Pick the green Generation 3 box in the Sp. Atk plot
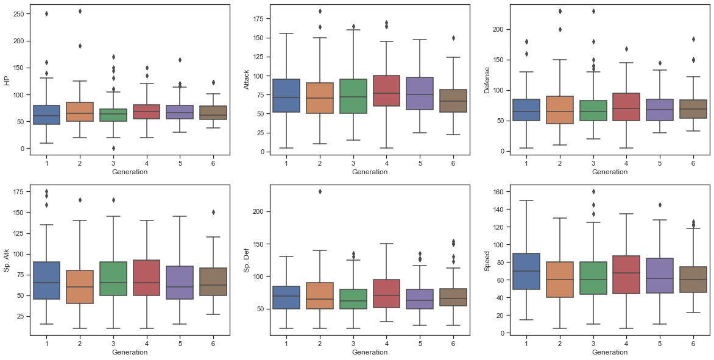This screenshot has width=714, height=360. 113,278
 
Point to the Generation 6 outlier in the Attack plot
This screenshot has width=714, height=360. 452,38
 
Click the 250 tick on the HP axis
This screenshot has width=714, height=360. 19,14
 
